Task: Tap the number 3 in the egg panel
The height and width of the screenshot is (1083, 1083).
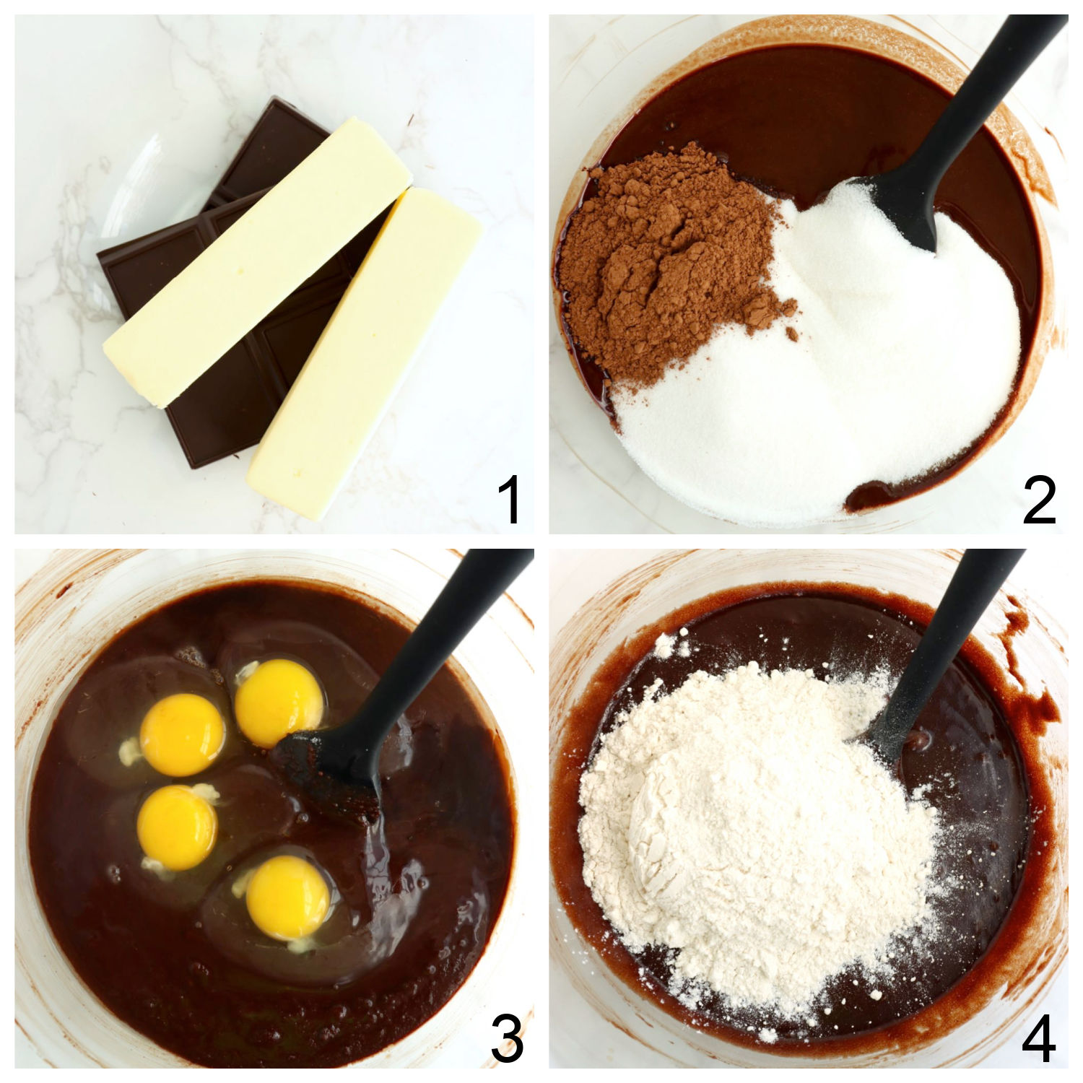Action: (507, 1040)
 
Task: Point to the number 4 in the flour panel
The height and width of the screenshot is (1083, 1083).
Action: (1040, 1040)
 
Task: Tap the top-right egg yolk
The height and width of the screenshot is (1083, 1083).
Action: (279, 702)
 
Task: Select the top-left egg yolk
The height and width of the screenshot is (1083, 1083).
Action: (182, 734)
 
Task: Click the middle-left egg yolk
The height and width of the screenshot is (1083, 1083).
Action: (177, 827)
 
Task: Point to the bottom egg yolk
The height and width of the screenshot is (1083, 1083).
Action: (287, 897)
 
